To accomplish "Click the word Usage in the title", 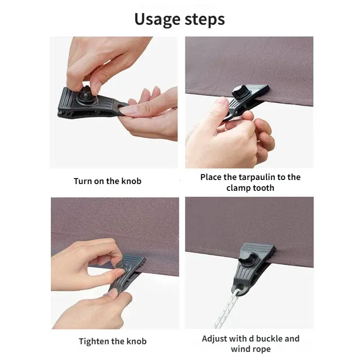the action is [x=157, y=19].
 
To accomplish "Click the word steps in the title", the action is [x=205, y=19].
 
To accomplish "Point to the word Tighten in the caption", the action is [x=94, y=342].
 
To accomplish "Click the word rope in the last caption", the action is [x=261, y=349].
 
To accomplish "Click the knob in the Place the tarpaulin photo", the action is [x=240, y=91].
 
